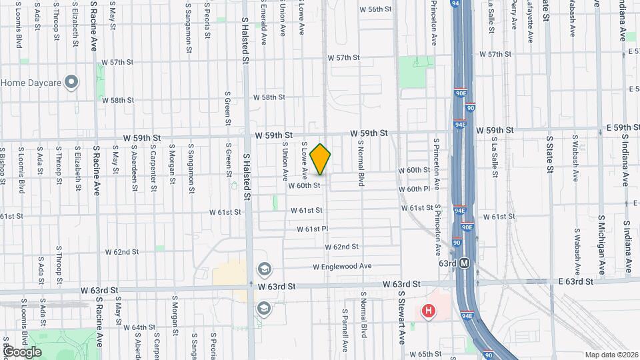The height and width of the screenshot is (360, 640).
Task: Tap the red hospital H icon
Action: click(x=429, y=311)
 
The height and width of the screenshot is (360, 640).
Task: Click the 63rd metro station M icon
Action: click(x=465, y=263)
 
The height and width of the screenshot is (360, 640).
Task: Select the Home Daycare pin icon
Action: click(x=73, y=83)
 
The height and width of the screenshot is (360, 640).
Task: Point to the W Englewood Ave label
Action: click(x=342, y=266)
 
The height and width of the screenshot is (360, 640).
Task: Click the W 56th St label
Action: click(x=375, y=9)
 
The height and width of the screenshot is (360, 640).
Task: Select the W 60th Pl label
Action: click(x=415, y=189)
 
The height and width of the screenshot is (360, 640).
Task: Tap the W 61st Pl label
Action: click(x=313, y=229)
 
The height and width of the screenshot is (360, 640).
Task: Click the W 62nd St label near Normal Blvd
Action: click(x=342, y=247)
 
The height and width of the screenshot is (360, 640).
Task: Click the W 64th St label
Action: click(x=139, y=327)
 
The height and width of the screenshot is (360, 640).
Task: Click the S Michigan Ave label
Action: click(x=601, y=245)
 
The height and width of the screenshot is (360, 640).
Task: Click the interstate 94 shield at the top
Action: click(x=455, y=3)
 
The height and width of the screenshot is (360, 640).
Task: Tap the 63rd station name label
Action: click(x=447, y=263)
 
